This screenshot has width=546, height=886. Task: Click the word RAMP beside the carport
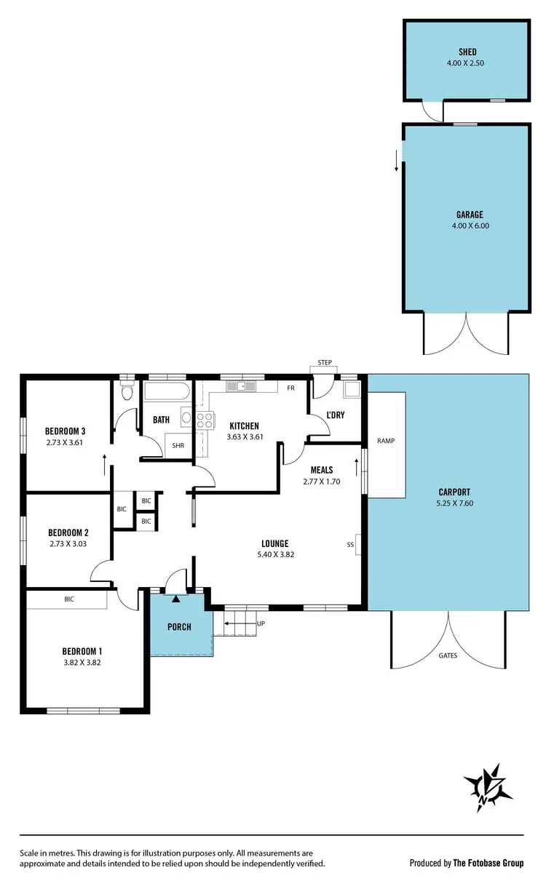pos(385,441)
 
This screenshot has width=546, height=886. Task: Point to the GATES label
pos(448,655)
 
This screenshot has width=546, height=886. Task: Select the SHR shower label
pos(178,446)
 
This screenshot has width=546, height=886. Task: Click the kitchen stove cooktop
pos(205,419)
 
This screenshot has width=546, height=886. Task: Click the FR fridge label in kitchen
pos(290,388)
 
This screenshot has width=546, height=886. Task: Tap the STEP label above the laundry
pos(325,362)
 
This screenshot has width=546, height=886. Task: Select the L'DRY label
pos(335,415)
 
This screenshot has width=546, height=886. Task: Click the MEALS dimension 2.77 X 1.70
pos(322,481)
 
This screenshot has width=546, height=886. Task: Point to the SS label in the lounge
pos(350,544)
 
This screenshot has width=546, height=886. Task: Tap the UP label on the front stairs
pos(261,624)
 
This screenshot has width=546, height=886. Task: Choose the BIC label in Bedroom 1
pos(69,599)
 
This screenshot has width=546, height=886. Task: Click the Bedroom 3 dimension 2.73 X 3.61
pos(66,441)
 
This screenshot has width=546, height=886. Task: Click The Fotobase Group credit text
pos(488,863)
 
